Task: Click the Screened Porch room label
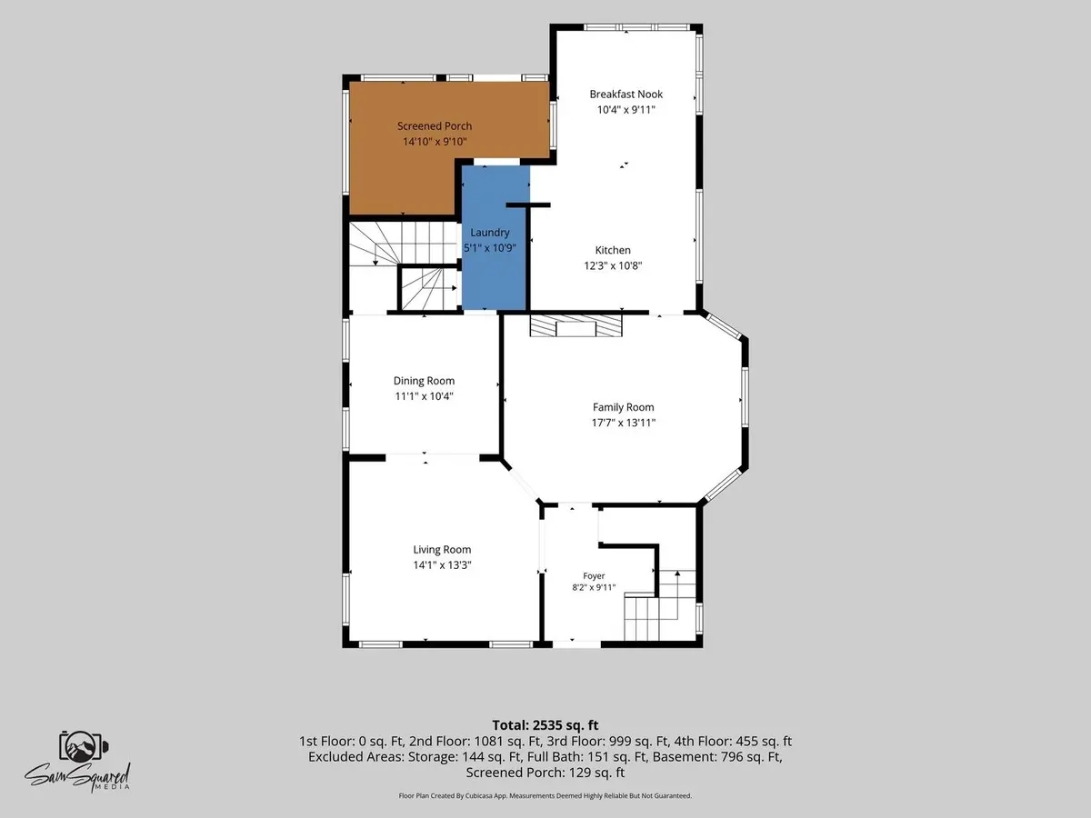point(435,126)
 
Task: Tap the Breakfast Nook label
point(626,94)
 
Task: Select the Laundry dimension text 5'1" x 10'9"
point(490,248)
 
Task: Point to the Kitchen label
point(613,250)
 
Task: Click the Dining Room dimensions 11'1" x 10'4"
point(424,396)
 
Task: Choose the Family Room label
point(624,407)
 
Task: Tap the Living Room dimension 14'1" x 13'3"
point(442,564)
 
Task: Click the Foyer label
point(594,575)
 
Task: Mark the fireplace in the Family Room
point(576,325)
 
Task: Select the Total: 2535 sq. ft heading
point(545,725)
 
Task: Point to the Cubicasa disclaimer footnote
point(545,795)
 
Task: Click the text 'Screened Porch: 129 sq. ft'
point(545,773)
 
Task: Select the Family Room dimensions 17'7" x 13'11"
point(624,423)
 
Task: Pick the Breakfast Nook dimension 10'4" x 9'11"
point(626,110)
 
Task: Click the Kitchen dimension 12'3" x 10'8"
point(613,265)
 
